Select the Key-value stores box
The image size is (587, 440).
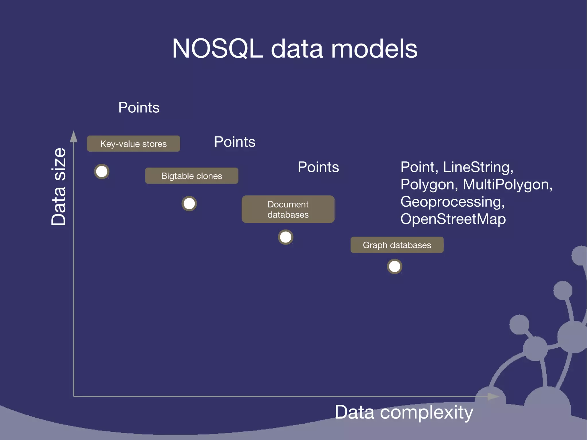coord(134,144)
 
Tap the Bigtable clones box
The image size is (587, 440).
coord(191,176)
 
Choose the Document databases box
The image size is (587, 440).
coord(288,209)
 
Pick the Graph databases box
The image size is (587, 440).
coord(397,245)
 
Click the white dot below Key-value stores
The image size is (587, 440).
coord(102,172)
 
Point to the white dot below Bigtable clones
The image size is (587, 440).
coord(189,204)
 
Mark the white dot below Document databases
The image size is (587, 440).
coord(285,237)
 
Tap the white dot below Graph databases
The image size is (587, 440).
coord(394,267)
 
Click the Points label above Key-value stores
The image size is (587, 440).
coord(139,107)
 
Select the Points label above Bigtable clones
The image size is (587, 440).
coord(235,142)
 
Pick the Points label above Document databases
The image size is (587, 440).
coord(318,167)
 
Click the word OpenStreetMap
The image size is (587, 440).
coord(453,219)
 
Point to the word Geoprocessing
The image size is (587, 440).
coord(452,202)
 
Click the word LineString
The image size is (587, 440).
coord(478,167)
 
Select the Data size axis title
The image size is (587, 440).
coord(59,187)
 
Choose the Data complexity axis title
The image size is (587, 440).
coord(404,412)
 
